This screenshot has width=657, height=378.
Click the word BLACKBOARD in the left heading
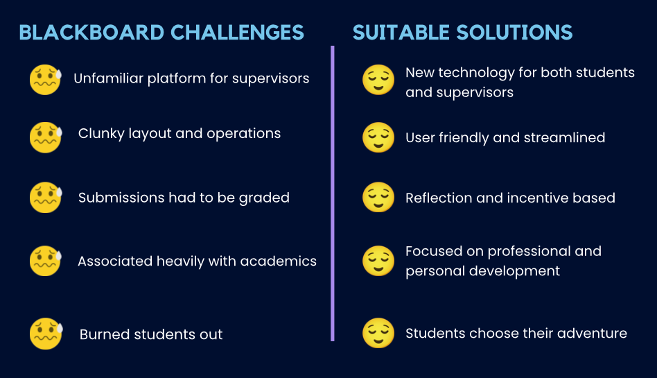(x=91, y=33)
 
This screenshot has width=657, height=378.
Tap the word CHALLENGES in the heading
(x=237, y=33)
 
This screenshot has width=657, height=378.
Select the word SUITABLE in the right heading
(x=401, y=33)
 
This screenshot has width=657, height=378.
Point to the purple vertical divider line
(x=332, y=194)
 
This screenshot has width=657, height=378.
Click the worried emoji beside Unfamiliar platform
(x=46, y=80)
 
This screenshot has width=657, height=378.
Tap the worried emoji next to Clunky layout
(x=46, y=137)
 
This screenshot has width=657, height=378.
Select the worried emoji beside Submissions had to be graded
(x=46, y=197)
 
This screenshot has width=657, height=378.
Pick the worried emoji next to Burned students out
(x=46, y=334)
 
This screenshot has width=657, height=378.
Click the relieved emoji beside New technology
(x=378, y=80)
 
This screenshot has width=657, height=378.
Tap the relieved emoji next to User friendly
(x=378, y=137)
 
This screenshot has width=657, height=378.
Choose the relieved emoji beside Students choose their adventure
(x=378, y=333)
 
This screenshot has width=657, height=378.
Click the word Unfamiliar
(x=109, y=78)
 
